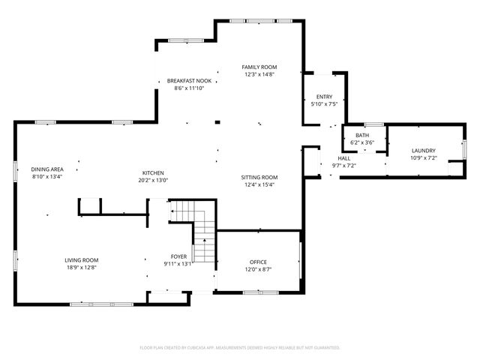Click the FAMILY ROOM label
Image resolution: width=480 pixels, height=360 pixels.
click(259, 67)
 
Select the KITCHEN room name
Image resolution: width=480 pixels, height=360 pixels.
click(153, 172)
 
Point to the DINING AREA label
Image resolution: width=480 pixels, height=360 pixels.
click(46, 169)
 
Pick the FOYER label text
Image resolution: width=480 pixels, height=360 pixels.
click(178, 256)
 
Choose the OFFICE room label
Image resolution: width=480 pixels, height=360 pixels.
click(258, 262)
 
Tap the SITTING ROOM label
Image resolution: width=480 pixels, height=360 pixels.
click(259, 177)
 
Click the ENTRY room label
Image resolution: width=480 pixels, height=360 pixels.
click(324, 97)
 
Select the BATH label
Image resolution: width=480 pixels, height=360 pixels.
click(362, 135)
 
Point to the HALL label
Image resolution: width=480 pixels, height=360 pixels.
click(343, 158)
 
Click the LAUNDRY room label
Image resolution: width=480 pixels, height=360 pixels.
click(423, 151)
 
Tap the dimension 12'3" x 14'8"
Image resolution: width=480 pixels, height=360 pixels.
click(259, 74)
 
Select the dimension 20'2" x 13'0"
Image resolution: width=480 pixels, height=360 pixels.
click(153, 180)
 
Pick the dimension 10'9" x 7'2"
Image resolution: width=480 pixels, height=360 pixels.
click(423, 158)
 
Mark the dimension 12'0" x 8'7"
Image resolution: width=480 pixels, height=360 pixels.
click(258, 269)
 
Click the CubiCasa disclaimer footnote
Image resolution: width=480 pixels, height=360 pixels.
click(240, 347)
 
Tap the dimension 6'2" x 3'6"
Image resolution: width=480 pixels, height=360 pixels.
click(362, 142)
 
